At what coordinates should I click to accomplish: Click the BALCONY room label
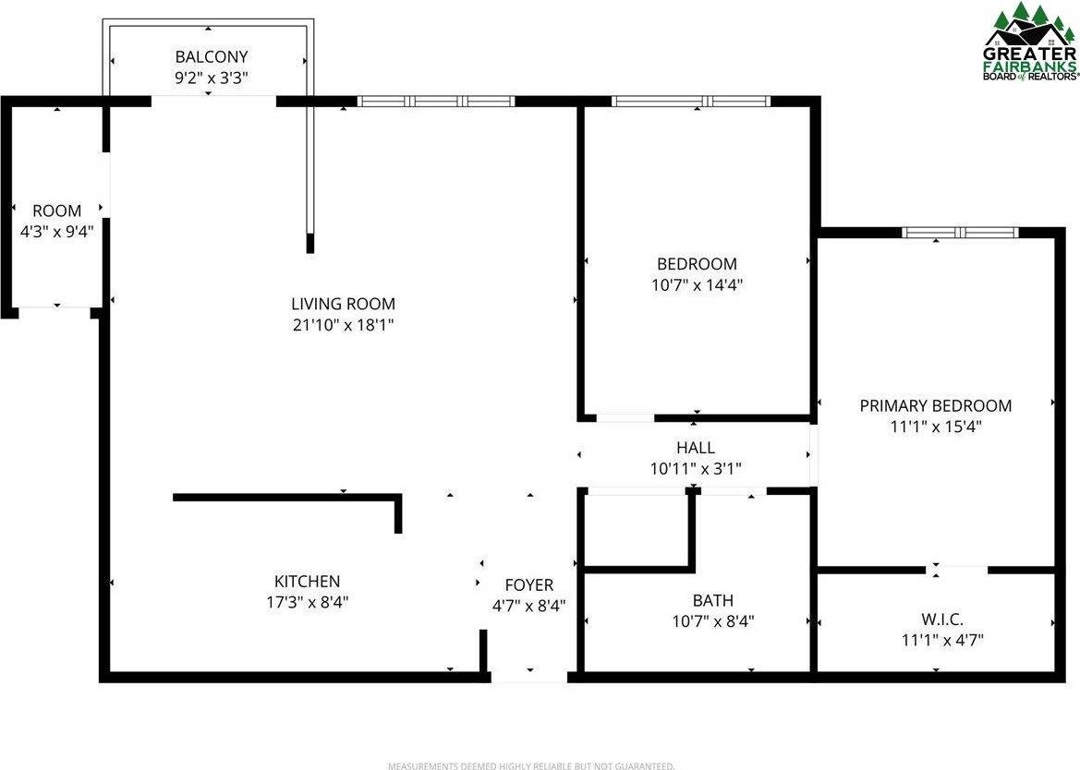coord(212,57)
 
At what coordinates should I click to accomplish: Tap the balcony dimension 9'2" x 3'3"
coord(212,78)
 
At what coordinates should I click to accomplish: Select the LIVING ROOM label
coord(343,304)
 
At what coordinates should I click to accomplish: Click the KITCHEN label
coord(307,582)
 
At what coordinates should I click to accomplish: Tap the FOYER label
coord(528,585)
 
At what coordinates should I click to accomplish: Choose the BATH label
coord(712,601)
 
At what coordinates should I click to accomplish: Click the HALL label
coord(695,448)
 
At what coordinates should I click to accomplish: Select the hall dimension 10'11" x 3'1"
coord(696,469)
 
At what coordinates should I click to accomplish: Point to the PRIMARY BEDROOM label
coord(935,405)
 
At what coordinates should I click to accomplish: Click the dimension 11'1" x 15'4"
coord(935,427)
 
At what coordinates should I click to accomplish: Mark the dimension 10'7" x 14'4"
coord(698,285)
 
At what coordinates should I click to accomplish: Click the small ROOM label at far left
coord(56,211)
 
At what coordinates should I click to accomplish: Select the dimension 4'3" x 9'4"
coord(57,232)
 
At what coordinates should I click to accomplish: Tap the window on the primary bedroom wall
coord(960,233)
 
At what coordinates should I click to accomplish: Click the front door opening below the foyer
coord(528,678)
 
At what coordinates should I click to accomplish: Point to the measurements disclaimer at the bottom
coord(530,765)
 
